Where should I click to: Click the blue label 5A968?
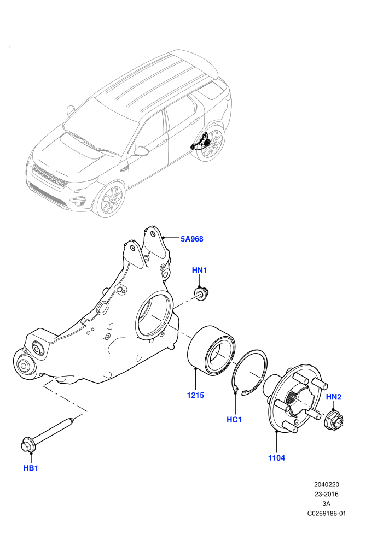point(192,239)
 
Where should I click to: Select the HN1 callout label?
point(199,270)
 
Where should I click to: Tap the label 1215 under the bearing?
point(195,395)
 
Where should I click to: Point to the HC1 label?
point(234,420)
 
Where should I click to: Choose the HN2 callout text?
point(334,397)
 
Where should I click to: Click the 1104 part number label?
point(277,458)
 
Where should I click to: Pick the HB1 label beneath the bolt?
point(31,468)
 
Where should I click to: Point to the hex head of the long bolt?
point(27,444)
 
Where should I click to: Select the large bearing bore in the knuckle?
point(154,314)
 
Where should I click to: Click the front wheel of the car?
point(110,199)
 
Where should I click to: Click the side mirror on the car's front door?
point(141,151)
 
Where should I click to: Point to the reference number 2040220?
point(326,484)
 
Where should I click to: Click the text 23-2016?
point(326,494)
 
